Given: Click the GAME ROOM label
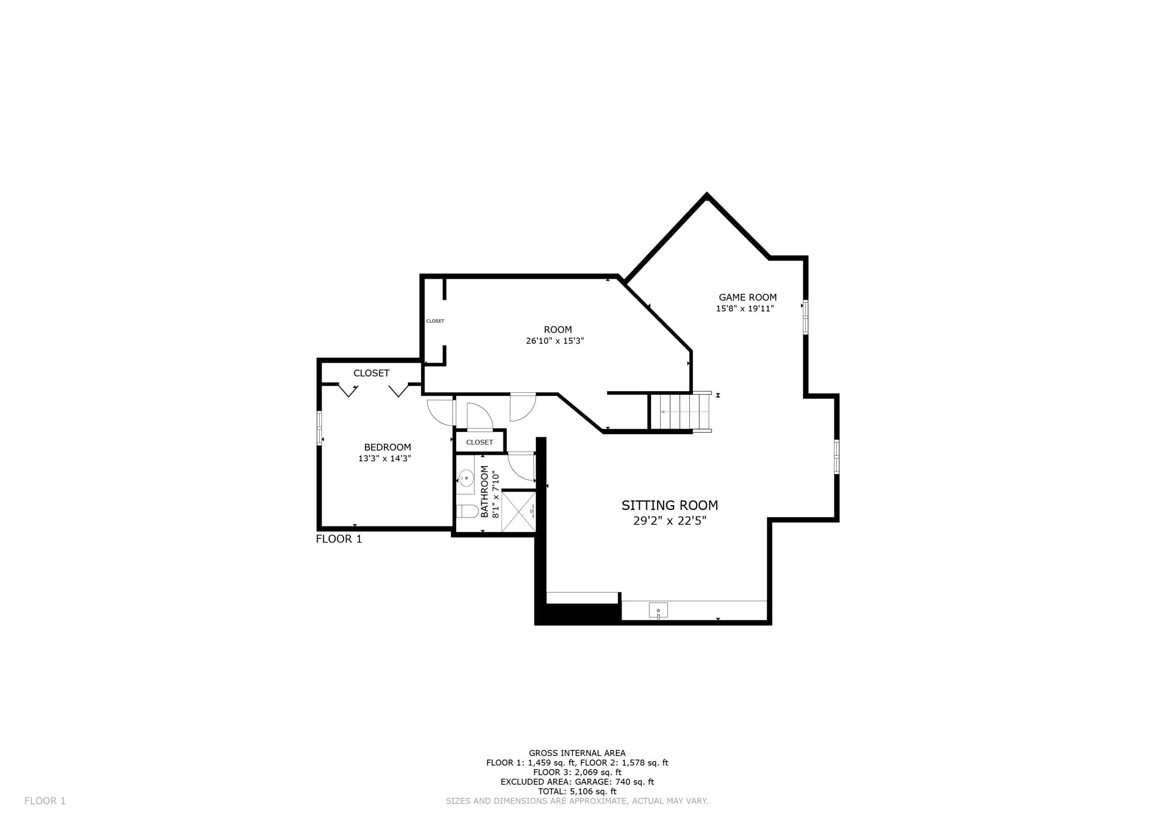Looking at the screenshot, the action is pyautogui.click(x=748, y=297).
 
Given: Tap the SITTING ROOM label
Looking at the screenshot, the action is pyautogui.click(x=670, y=506).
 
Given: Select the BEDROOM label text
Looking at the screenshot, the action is pyautogui.click(x=388, y=447).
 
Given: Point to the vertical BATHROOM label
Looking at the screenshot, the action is pyautogui.click(x=485, y=491).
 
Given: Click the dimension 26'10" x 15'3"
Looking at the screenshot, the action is pyautogui.click(x=555, y=341).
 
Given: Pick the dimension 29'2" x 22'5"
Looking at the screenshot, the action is pyautogui.click(x=670, y=521).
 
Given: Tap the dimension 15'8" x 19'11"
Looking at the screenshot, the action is pyautogui.click(x=744, y=309).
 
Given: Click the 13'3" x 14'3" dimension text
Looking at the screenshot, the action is pyautogui.click(x=385, y=458).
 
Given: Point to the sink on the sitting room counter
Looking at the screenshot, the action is pyautogui.click(x=658, y=610).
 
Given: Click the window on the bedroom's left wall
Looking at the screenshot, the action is pyautogui.click(x=319, y=428).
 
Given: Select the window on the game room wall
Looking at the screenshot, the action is pyautogui.click(x=805, y=317).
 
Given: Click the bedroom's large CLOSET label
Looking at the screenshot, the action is pyautogui.click(x=371, y=373).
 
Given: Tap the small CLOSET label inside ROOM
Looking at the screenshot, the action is pyautogui.click(x=435, y=321).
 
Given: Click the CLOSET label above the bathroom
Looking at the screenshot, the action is pyautogui.click(x=480, y=442).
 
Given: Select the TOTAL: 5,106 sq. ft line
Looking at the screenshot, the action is pyautogui.click(x=577, y=791).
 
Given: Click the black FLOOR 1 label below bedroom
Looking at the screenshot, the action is pyautogui.click(x=339, y=539).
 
